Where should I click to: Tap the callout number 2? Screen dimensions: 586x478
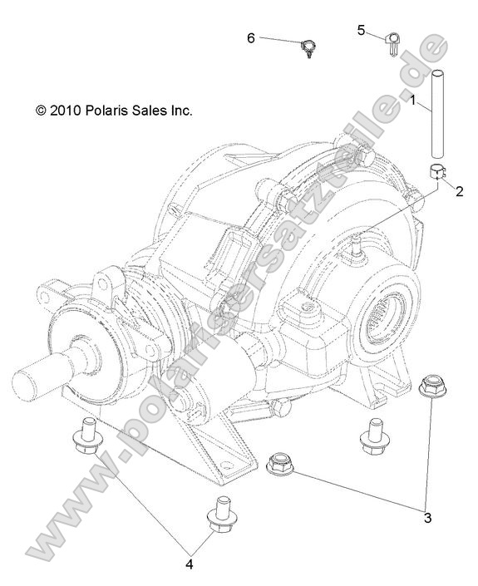click(457, 190)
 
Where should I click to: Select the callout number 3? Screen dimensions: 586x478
click(427, 518)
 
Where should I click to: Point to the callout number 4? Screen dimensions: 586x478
click(189, 564)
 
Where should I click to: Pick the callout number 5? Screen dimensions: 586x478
click(361, 30)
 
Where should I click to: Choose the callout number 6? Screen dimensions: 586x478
click(251, 37)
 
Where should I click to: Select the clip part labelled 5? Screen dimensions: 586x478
click(393, 42)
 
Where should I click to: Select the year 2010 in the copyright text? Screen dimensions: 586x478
click(66, 110)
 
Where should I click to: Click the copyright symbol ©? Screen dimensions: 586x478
click(41, 110)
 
